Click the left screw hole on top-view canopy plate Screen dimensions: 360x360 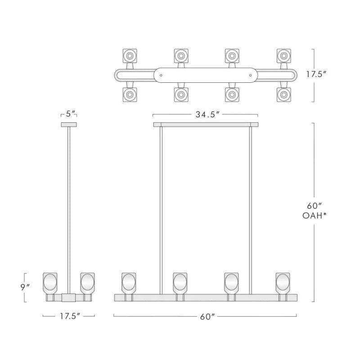tap(163, 75)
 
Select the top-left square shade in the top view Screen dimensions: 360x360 tap(130, 56)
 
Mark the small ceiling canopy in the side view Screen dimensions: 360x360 tap(68, 124)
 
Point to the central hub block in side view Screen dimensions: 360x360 tap(68, 297)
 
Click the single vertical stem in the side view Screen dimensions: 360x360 tap(68, 207)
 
